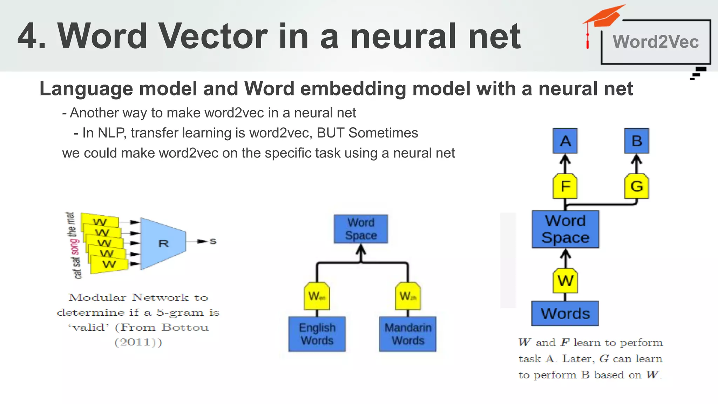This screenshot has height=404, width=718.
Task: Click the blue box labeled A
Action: pos(565,141)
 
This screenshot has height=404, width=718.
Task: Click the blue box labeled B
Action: pos(636,141)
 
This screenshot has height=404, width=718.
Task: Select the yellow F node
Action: pos(565,186)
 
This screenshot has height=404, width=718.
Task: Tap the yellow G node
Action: pos(636,186)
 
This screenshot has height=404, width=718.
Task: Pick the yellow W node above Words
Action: pos(565,281)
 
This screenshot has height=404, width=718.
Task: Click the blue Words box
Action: pos(565,314)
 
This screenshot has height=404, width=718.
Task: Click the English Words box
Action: pos(317,334)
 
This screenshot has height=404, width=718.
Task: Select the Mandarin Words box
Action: pos(408,334)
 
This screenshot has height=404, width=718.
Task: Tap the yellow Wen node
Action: pos(317,296)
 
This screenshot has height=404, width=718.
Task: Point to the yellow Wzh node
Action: pos(408,296)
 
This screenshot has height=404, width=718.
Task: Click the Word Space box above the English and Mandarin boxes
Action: pos(361,229)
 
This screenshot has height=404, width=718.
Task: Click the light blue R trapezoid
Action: pos(163,243)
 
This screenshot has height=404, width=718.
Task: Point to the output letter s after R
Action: pos(213,241)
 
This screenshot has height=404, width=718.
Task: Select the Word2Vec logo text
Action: pos(656,42)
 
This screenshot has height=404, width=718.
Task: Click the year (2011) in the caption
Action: pos(138,342)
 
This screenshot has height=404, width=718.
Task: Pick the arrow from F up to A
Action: pos(565,163)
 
